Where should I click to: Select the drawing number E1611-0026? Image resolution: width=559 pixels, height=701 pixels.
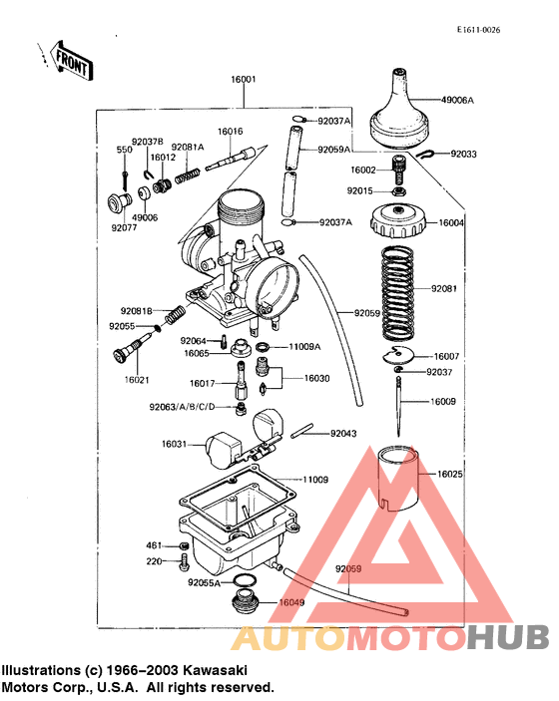click(478, 30)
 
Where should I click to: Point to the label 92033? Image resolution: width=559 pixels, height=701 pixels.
click(464, 155)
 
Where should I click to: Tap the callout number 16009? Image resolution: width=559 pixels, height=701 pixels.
click(444, 402)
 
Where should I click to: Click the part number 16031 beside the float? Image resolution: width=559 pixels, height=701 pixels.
click(174, 444)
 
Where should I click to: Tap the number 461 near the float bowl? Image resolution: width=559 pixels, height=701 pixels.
click(154, 545)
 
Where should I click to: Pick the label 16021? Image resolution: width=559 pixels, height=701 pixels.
click(138, 379)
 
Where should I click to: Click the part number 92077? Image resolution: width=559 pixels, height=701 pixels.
click(125, 227)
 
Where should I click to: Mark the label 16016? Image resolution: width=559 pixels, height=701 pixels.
click(231, 132)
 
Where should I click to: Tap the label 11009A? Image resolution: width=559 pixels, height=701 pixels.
click(304, 346)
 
